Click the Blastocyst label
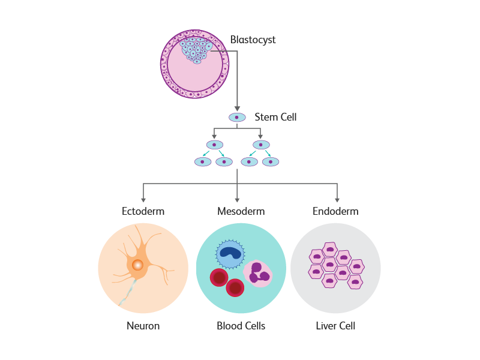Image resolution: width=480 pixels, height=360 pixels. [253, 40]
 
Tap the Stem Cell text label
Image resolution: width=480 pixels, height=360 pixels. [275, 117]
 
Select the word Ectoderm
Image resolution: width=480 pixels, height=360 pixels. [143, 211]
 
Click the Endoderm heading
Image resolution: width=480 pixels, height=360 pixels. [335, 211]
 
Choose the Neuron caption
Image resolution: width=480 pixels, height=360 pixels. [143, 326]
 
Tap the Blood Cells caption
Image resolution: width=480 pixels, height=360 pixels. [241, 326]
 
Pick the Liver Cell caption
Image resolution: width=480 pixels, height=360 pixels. [335, 326]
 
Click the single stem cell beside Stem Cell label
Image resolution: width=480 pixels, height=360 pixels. [237, 117]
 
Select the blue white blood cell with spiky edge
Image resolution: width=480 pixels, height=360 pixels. [230, 254]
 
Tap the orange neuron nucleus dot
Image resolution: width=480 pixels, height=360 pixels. [137, 265]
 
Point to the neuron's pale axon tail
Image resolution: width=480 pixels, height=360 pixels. [126, 294]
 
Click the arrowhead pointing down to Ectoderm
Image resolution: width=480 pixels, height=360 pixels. [143, 200]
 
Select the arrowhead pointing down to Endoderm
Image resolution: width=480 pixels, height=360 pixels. [337, 200]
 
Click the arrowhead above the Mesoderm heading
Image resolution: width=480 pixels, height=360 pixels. [237, 200]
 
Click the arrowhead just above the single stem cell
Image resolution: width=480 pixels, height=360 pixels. [237, 108]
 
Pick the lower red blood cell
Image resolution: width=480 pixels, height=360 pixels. [235, 289]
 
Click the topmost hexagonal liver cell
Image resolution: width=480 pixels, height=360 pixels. [329, 249]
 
